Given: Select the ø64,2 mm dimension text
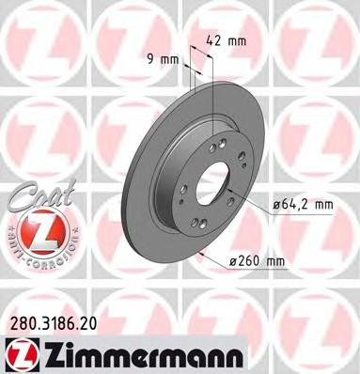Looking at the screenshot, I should [x=301, y=203].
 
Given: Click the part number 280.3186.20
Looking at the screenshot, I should [x=51, y=322].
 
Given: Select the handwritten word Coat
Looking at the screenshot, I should [x=34, y=195].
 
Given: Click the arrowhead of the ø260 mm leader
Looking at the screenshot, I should [x=200, y=253].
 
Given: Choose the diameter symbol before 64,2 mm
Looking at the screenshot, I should [x=277, y=203].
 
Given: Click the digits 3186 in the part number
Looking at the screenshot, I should [x=52, y=322].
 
